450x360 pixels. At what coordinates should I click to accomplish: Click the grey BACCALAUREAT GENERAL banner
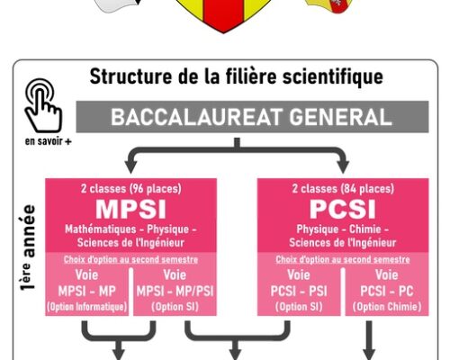pos(252,117)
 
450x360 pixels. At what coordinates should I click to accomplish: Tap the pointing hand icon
pos(44,105)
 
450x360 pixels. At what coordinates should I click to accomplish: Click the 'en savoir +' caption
pos(48,141)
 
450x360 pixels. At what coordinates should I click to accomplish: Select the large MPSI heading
pos(130,209)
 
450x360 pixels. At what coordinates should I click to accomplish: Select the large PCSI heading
pos(343,209)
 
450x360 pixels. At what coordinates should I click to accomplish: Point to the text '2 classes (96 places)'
pos(131,189)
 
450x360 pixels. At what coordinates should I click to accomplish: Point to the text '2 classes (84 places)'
pos(343,189)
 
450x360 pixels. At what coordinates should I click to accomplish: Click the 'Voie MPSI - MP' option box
pos(87,292)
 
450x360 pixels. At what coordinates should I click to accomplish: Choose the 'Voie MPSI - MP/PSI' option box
pos(175,292)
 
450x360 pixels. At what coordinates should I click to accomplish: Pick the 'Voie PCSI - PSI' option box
pos(299,292)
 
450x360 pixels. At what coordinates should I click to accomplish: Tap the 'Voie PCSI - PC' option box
pos(387,292)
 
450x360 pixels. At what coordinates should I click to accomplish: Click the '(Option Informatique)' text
pos(87,307)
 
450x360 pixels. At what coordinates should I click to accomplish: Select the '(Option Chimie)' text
pos(387,307)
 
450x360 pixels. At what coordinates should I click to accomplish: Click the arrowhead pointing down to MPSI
pos(130,166)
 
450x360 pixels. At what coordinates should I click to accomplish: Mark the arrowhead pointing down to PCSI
pos(343,166)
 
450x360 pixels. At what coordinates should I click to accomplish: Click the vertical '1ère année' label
pos(28,247)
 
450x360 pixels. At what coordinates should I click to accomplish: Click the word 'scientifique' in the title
pos(333,76)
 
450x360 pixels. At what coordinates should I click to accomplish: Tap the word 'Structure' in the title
pos(130,76)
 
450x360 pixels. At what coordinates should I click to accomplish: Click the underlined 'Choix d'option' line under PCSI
pos(343,259)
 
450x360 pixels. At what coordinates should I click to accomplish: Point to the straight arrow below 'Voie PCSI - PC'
pos(369,340)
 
